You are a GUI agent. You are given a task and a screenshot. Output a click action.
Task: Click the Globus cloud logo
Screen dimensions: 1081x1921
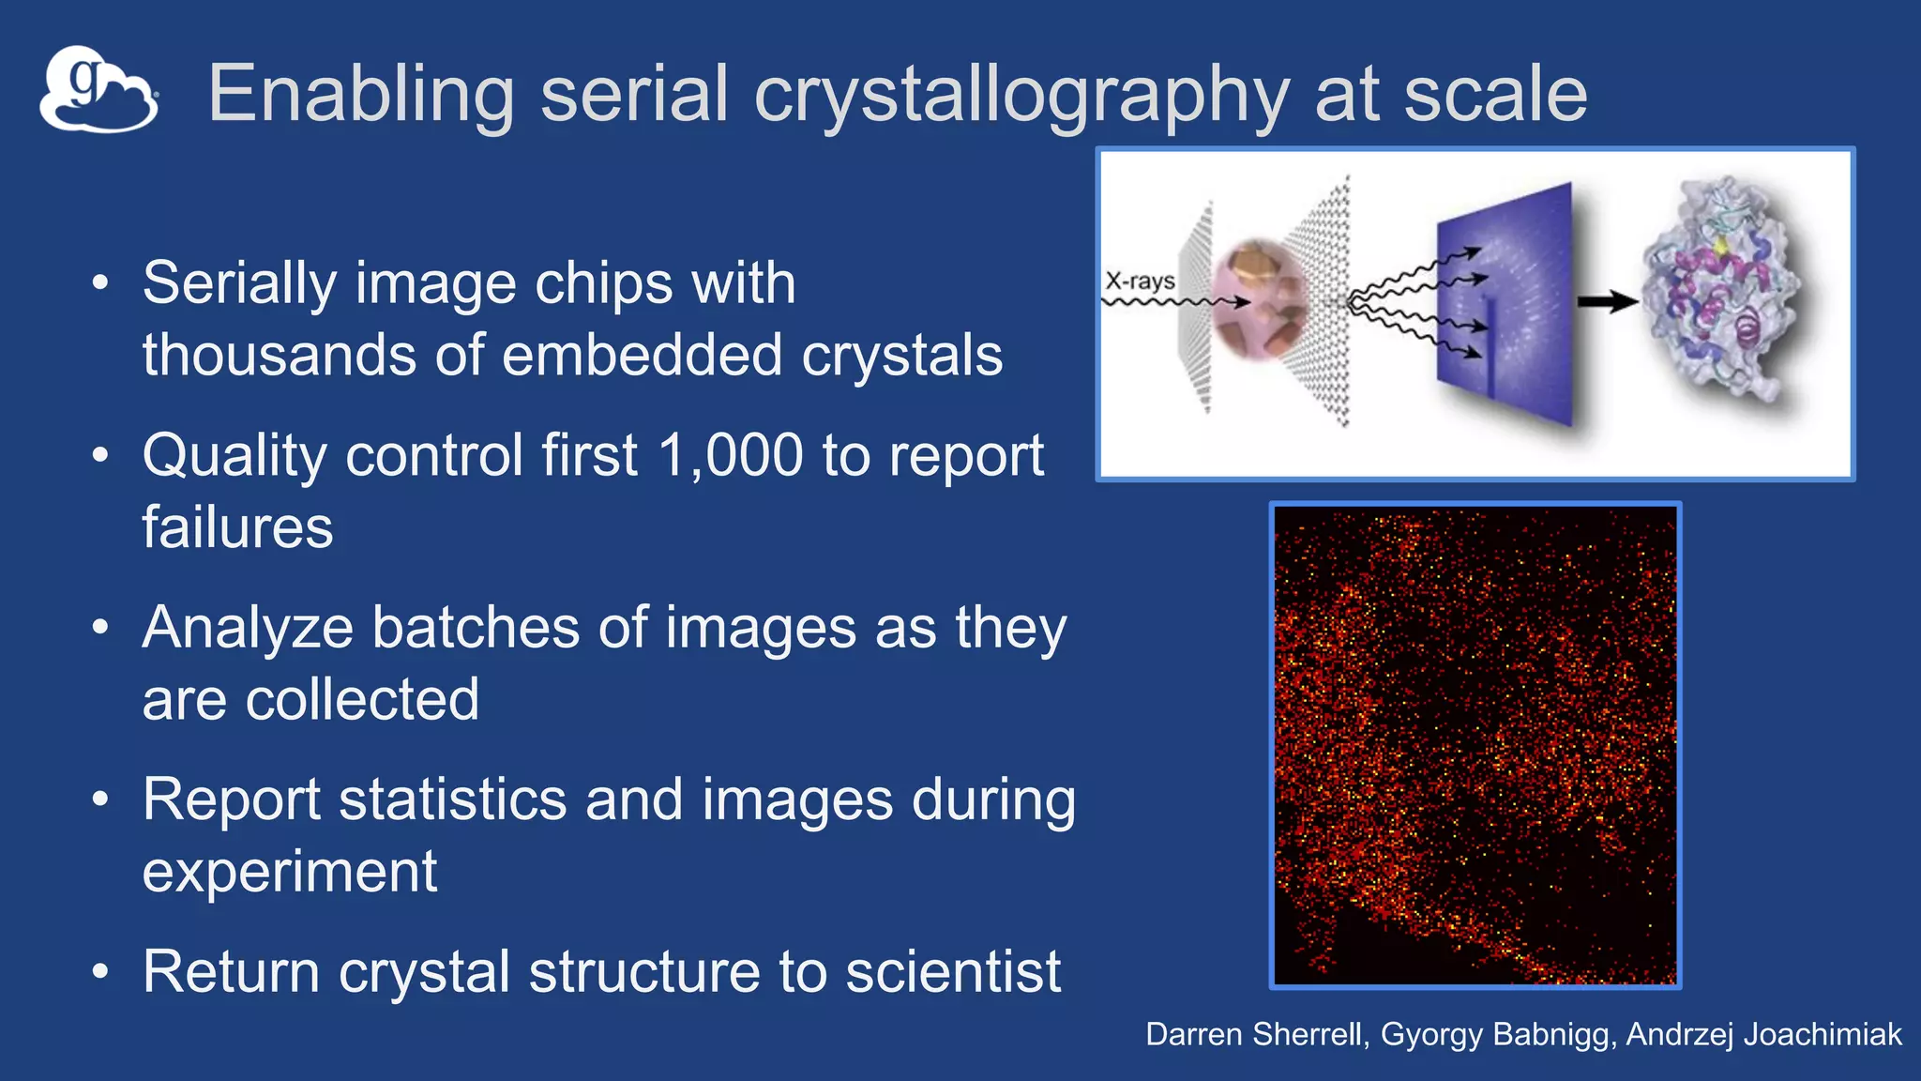coord(98,90)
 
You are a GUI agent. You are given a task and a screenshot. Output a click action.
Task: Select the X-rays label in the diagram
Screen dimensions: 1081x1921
coord(1140,281)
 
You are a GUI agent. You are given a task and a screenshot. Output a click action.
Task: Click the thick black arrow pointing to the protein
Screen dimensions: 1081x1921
coord(1606,302)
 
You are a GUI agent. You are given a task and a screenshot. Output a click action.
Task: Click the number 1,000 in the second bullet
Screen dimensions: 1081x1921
coord(730,456)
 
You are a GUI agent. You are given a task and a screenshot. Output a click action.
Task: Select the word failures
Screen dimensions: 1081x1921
coord(237,527)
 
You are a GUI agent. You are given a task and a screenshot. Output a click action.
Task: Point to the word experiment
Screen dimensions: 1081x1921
coord(289,873)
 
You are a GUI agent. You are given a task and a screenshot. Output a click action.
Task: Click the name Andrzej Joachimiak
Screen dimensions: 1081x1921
coord(1763,1034)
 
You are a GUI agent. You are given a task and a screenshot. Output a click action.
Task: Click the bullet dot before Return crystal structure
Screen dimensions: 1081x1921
coord(100,972)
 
